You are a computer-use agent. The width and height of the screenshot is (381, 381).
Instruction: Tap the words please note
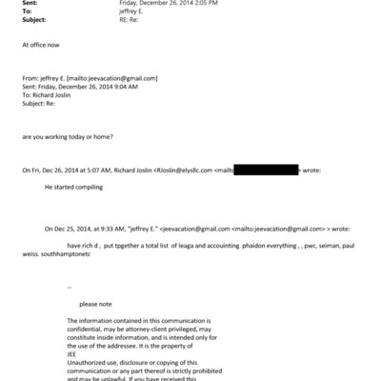click(95, 302)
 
